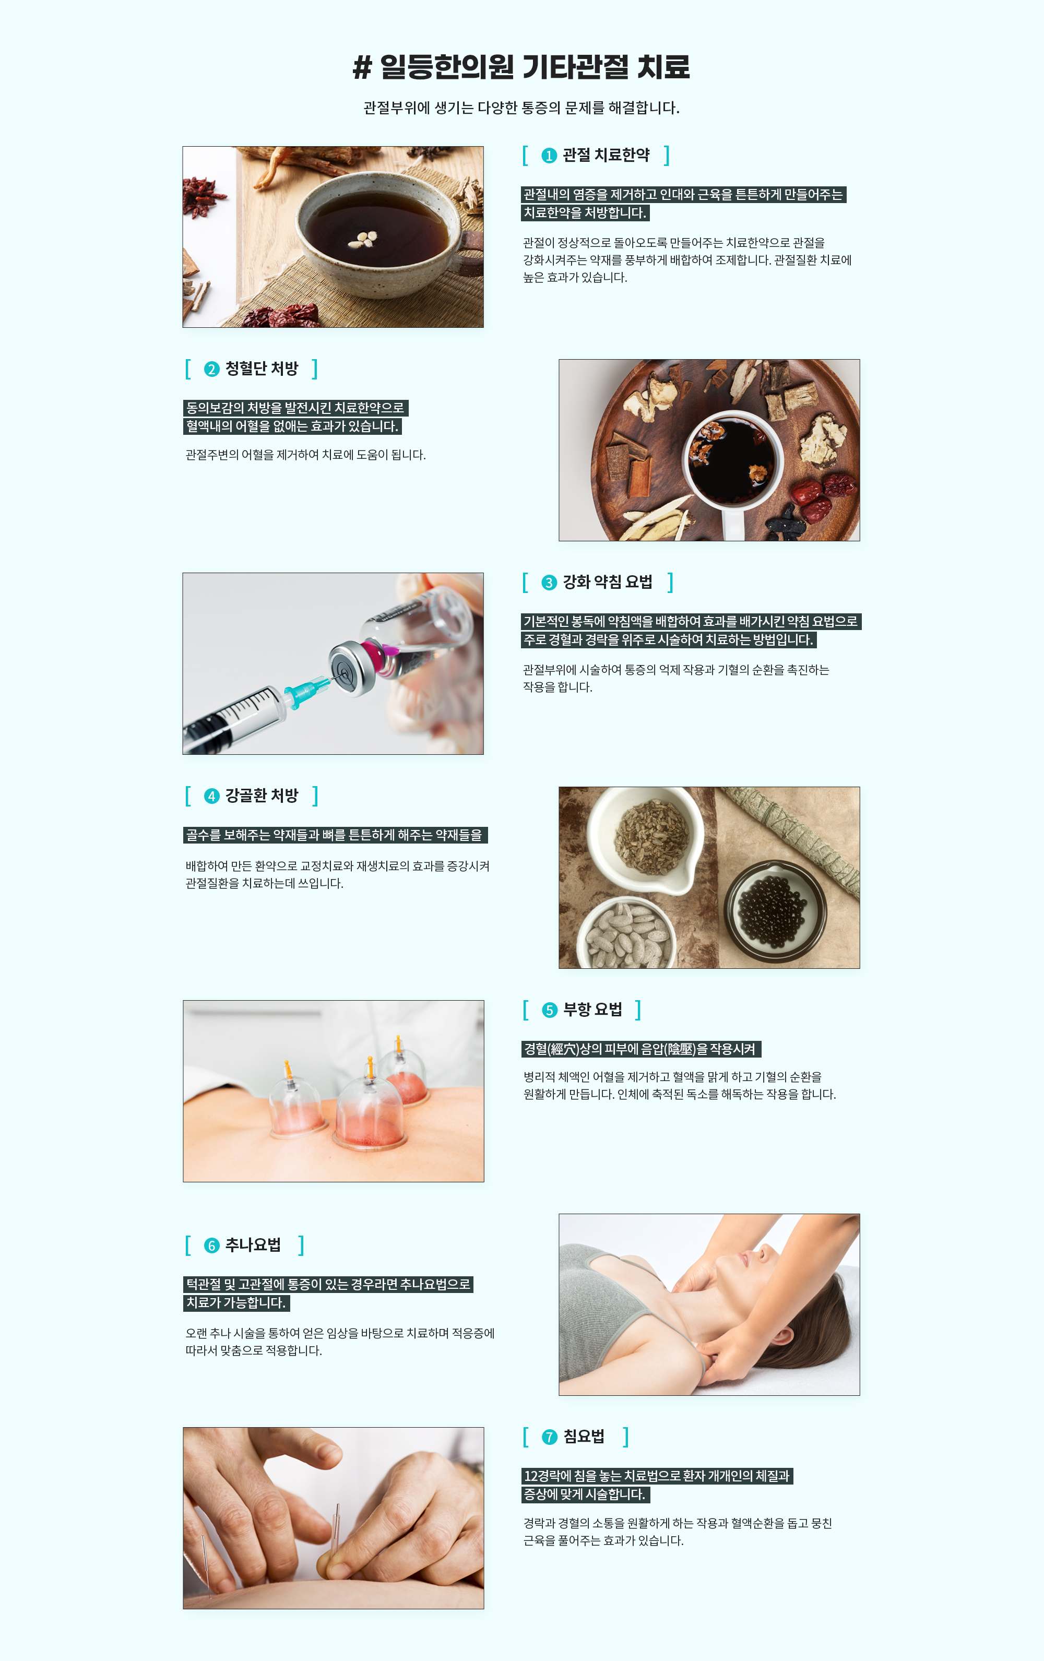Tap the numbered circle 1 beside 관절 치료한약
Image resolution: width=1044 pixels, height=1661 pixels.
tap(549, 156)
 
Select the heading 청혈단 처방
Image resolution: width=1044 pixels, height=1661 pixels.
tap(262, 369)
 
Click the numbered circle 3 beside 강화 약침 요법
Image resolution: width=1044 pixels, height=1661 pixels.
tap(549, 583)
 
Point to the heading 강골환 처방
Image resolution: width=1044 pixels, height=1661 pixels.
tap(262, 796)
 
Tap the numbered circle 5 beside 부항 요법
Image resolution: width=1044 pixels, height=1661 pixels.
tap(550, 1011)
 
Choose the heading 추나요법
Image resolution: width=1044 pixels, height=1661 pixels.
tap(253, 1244)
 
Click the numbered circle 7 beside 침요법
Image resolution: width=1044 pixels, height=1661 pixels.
tap(550, 1437)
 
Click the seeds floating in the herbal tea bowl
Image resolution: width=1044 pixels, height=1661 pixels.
tap(363, 239)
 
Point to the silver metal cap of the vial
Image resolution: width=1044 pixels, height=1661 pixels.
tap(352, 667)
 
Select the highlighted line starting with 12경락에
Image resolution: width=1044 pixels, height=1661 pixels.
tap(657, 1476)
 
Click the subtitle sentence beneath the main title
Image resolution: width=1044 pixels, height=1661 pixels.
tap(521, 108)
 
